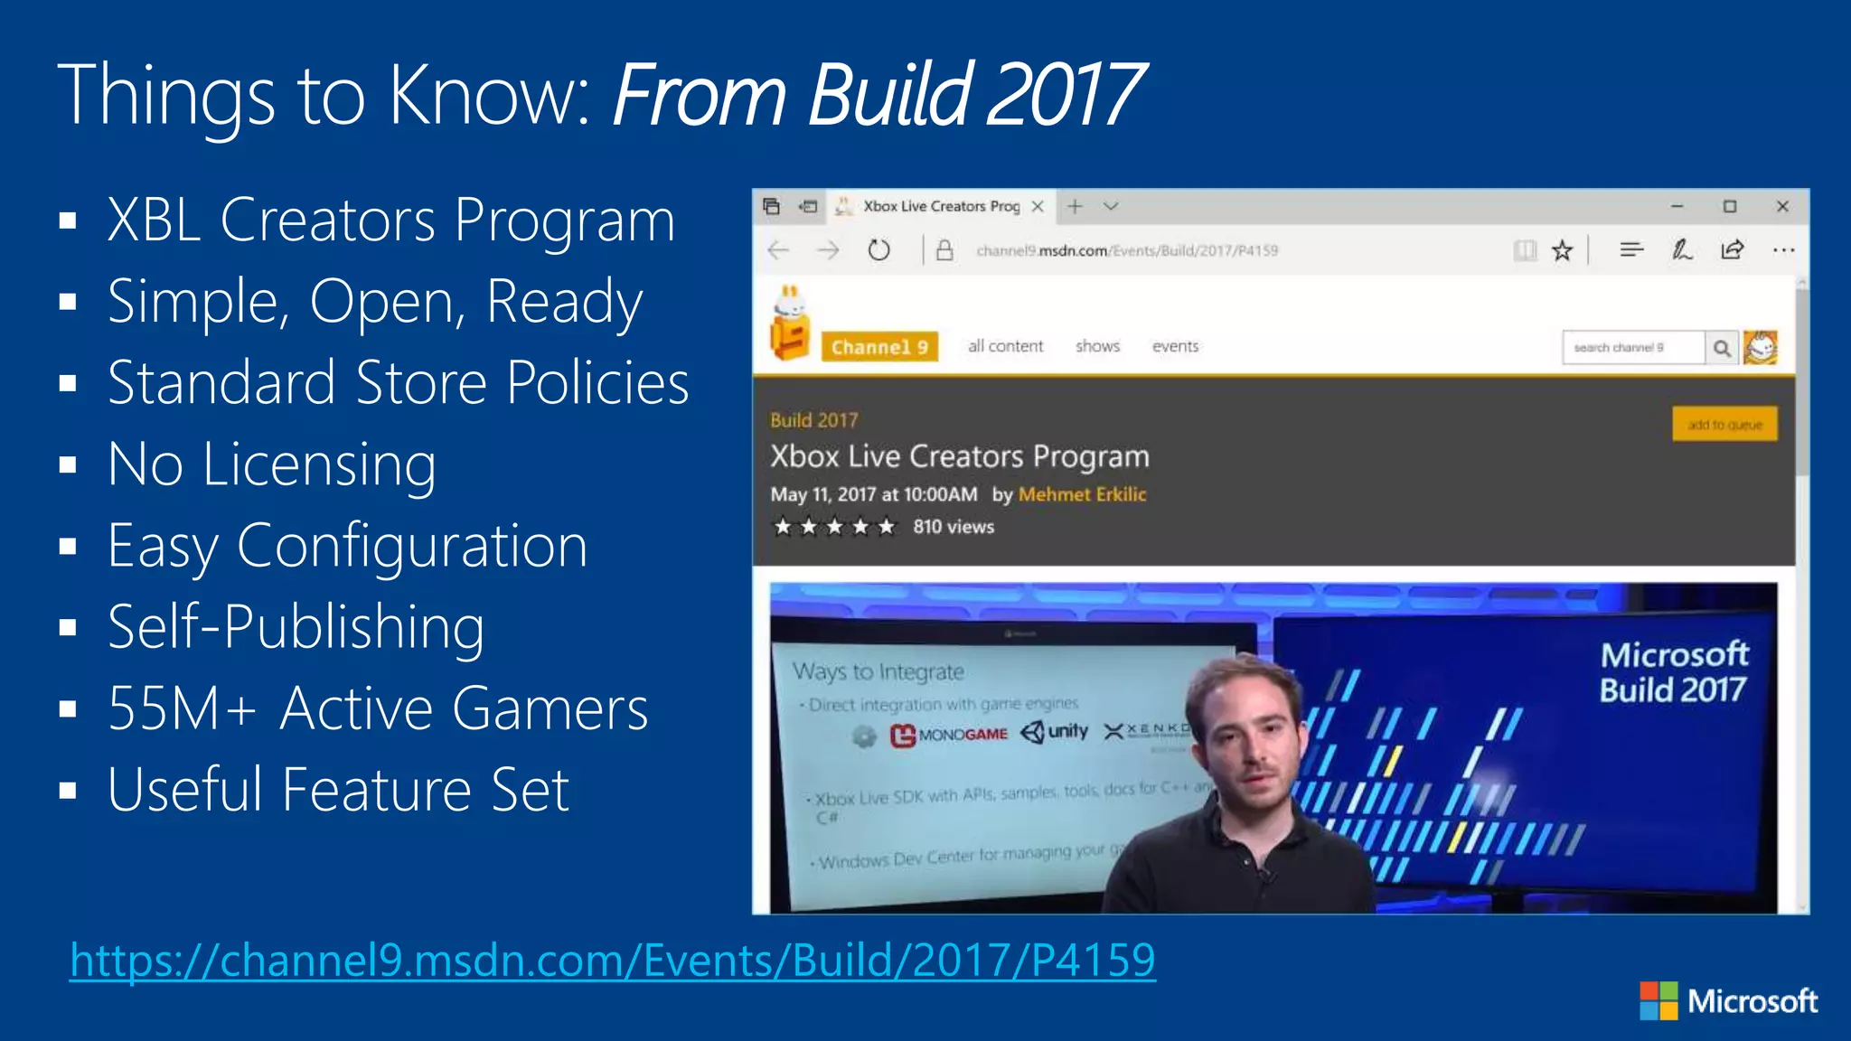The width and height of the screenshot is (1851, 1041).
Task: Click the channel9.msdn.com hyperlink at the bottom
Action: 612,960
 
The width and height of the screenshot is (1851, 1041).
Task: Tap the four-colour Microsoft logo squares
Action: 1658,1001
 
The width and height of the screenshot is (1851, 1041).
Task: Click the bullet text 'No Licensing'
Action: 271,464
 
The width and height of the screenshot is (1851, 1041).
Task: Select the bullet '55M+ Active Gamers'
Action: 377,708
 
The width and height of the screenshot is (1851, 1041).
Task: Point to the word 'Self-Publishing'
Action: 296,627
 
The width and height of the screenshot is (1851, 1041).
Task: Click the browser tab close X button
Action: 1038,207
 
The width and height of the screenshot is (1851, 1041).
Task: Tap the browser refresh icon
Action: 879,250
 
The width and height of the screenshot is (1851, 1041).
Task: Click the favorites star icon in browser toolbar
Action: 1562,250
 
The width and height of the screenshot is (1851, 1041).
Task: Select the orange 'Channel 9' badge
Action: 879,347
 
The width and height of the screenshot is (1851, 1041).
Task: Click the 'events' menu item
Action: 1175,346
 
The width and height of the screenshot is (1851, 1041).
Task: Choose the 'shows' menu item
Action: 1097,346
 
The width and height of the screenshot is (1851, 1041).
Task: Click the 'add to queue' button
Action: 1724,424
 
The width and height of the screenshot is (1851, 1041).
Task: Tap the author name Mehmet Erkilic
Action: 1082,494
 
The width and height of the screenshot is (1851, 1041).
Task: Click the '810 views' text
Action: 953,527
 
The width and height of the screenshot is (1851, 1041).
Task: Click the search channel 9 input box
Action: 1631,348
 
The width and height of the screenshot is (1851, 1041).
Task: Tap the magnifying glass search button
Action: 1722,348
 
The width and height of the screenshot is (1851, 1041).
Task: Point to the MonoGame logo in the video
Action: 948,735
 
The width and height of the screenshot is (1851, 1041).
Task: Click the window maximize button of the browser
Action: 1729,207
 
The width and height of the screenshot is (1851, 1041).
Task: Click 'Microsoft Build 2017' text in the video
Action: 1673,672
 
